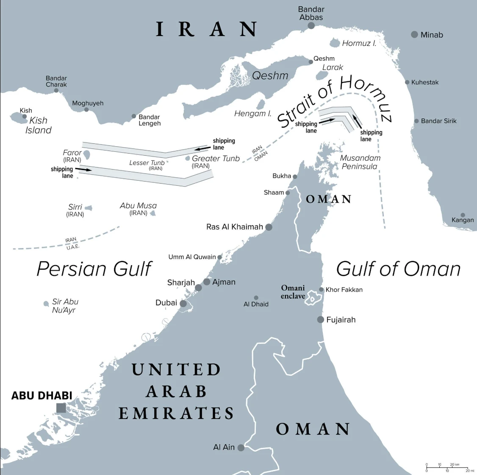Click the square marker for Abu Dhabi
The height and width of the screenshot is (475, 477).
tap(61, 408)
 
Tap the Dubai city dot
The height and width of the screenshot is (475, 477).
tap(183, 304)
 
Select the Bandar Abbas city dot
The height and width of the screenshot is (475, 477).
tap(311, 26)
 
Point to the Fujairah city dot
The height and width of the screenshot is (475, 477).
tap(321, 319)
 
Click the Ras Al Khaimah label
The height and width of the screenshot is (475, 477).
tap(234, 227)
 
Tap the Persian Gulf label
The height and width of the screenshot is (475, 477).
tap(94, 269)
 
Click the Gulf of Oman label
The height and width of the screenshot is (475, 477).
tap(398, 269)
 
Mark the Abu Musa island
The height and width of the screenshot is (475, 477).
tap(153, 213)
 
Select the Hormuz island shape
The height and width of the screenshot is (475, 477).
tap(335, 43)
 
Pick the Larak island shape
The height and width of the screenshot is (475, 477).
tap(322, 75)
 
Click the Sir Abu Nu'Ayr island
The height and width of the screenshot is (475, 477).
tap(46, 304)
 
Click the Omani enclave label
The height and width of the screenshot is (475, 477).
tap(293, 292)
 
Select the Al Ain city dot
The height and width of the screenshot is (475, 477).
tap(241, 447)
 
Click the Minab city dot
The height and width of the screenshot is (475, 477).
tap(414, 35)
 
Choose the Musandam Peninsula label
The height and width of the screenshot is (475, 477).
tap(360, 162)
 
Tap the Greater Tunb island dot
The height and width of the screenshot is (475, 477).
tap(188, 158)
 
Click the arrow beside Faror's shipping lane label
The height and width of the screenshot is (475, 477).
tap(83, 170)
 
